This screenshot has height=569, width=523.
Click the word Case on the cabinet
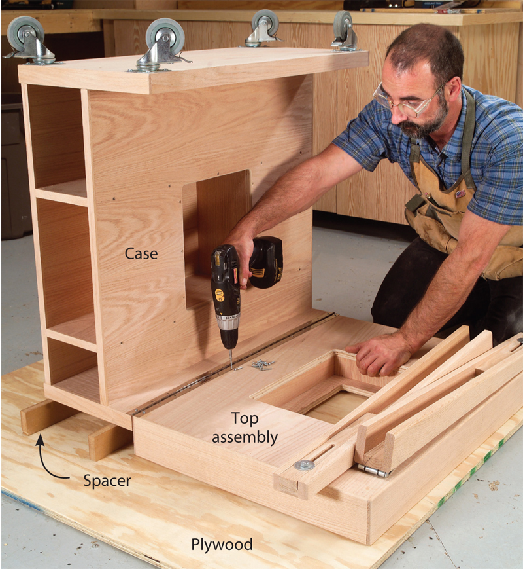pos(141,253)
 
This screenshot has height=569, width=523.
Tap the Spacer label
pos(107,481)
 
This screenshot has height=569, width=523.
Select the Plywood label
pos(222,544)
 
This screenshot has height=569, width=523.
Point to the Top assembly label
pos(245,428)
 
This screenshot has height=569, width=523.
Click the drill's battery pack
pos(266,262)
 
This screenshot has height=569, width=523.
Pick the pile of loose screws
pos(262,365)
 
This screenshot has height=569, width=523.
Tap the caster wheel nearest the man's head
pos(344,31)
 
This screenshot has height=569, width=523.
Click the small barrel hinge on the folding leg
pos(374,471)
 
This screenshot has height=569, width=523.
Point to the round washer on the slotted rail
pos(304,465)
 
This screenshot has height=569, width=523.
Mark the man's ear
pos(454,92)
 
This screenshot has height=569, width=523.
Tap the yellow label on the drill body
pos(220,295)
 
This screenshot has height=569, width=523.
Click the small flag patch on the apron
pos(461,193)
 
